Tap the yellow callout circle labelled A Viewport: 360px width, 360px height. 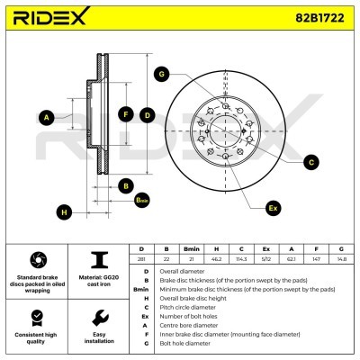(x=47, y=116)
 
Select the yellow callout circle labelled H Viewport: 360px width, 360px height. (x=63, y=212)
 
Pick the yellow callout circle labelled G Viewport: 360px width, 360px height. (x=161, y=73)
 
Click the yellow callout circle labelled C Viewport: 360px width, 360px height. (x=310, y=162)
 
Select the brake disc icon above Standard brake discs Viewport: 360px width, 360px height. (x=37, y=259)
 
